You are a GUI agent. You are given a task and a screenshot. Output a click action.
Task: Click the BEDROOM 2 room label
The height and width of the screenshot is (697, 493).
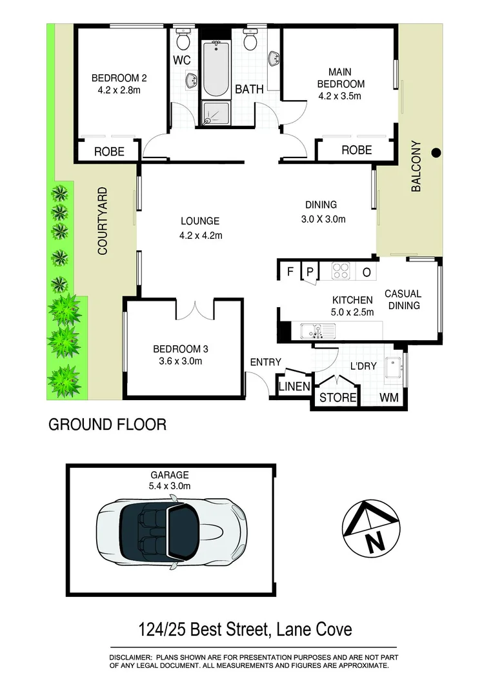119,79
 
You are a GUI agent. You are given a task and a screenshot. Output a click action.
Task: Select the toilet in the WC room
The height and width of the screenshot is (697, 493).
183,41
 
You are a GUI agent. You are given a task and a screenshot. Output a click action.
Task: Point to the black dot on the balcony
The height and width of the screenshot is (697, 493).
436,153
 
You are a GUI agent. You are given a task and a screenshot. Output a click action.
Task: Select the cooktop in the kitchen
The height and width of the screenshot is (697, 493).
341,272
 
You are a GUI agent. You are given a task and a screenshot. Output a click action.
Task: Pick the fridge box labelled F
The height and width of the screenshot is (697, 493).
291,272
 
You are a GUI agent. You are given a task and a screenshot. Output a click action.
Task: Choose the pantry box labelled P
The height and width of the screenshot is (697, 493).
310,272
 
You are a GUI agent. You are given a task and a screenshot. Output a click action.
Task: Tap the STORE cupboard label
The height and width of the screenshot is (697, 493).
338,398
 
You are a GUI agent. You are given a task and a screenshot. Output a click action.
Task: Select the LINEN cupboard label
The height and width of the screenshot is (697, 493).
294,387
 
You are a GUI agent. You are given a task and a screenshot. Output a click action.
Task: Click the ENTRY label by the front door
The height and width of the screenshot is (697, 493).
261,363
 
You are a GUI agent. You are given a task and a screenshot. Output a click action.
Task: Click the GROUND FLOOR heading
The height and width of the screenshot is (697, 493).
108,425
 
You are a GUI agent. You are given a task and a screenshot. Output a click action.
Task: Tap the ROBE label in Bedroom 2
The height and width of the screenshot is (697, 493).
109,152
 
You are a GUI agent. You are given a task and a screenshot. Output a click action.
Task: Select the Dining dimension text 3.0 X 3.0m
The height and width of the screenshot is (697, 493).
323,219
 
